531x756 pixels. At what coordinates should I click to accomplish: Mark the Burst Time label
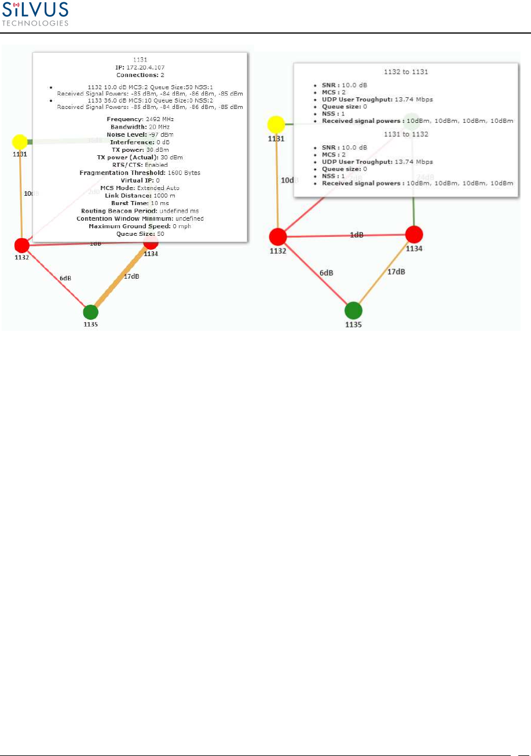(127, 203)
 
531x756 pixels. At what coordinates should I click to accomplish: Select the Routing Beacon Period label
(113, 211)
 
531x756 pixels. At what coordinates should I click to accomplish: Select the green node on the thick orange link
(90, 312)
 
